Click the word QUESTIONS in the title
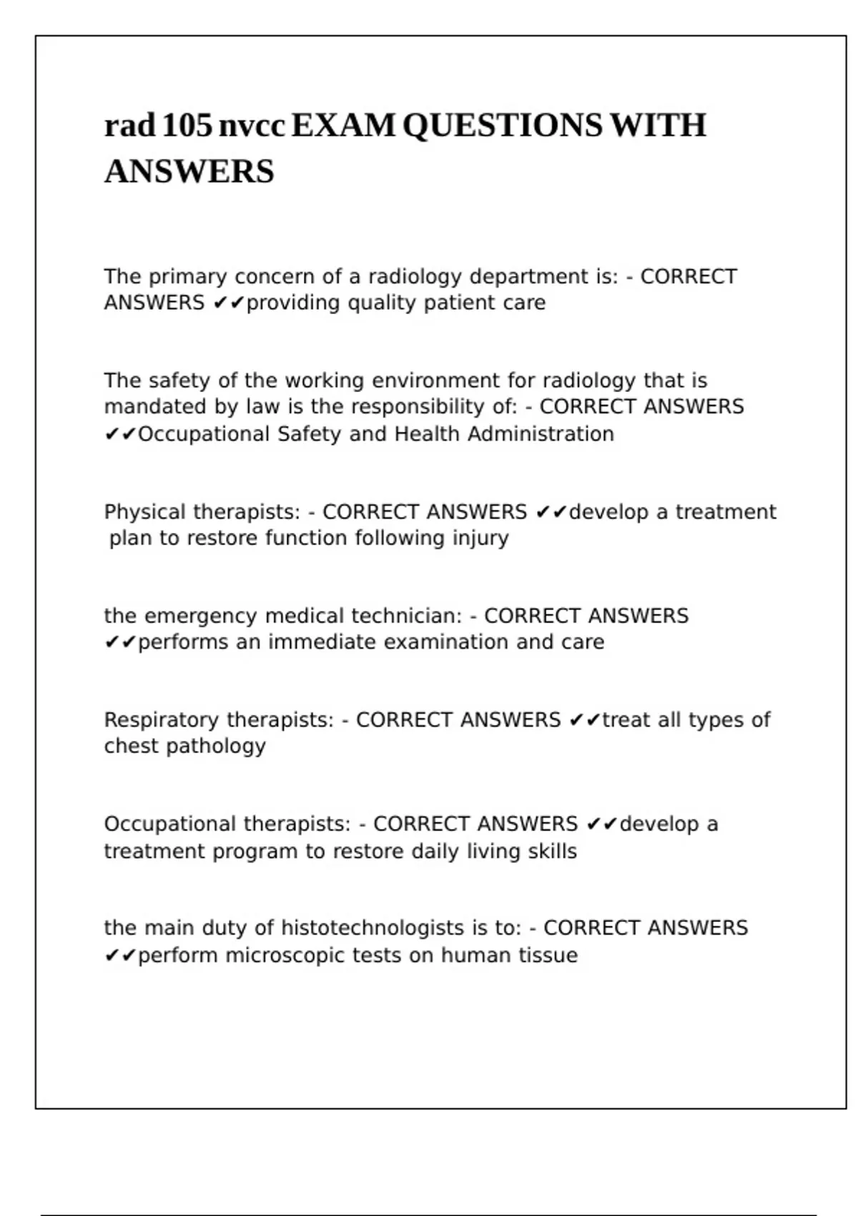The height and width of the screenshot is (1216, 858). [x=503, y=126]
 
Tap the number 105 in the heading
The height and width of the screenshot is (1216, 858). [x=187, y=126]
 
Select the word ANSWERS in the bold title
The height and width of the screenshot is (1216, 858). [x=189, y=172]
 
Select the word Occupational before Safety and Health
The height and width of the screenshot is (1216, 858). [x=204, y=434]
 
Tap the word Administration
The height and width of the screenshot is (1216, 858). [x=541, y=434]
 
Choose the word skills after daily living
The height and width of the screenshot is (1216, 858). [x=552, y=851]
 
